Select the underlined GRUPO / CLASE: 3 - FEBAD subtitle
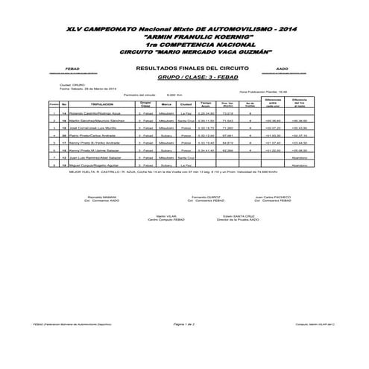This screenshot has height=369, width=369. pos(184,77)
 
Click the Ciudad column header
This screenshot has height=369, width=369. pos(186,104)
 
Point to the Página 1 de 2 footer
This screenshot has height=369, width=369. pos(183,325)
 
